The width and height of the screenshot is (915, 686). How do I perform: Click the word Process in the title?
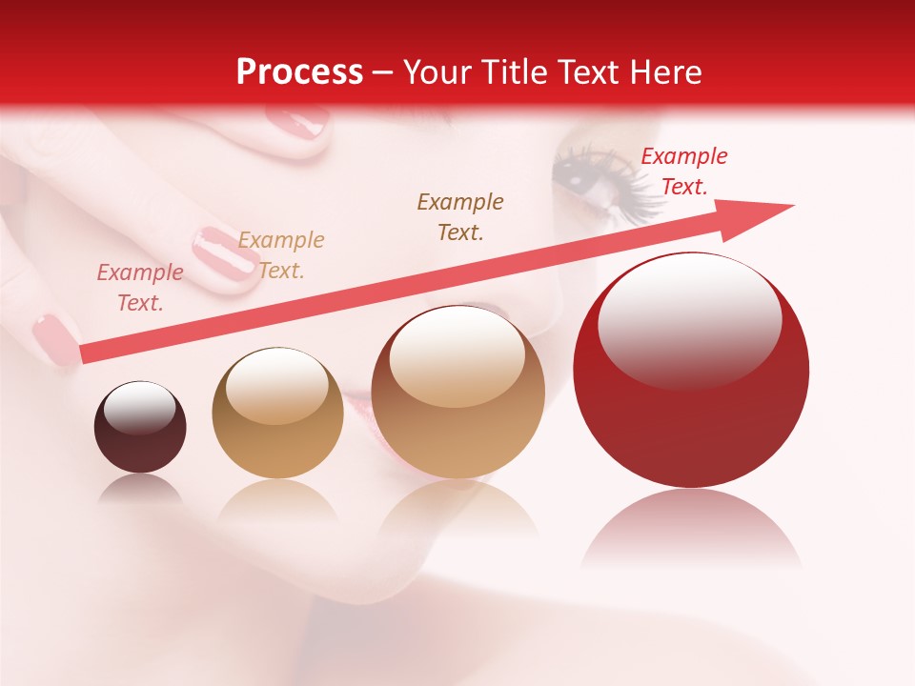(x=299, y=71)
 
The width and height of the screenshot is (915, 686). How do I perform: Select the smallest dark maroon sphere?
(x=140, y=427)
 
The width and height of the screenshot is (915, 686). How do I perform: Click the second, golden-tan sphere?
(x=277, y=413)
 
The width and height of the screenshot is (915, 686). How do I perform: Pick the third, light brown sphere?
(x=458, y=392)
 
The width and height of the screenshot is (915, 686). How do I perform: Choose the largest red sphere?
(x=691, y=370)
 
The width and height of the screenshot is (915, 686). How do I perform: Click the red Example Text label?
(x=683, y=171)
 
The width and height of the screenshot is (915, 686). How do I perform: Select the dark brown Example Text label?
(x=460, y=216)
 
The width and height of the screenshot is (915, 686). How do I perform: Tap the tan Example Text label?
(x=281, y=254)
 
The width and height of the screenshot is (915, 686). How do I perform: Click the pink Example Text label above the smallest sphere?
(x=140, y=287)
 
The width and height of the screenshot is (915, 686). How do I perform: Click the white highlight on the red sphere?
(x=689, y=319)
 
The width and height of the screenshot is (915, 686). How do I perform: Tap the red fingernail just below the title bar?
(x=296, y=123)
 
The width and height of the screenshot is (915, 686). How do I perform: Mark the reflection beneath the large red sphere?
(x=692, y=529)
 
